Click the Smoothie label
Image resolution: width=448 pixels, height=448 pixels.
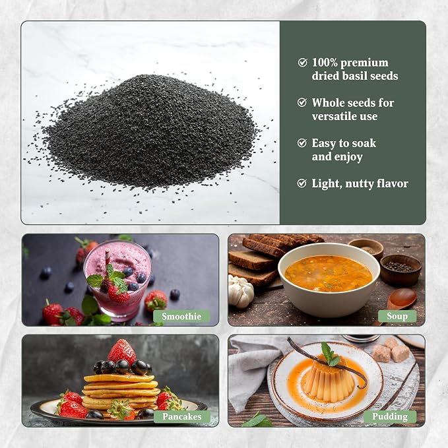tap(181, 316)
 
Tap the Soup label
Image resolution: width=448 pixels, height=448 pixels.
tap(397, 316)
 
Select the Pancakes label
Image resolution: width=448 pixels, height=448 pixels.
tap(182, 416)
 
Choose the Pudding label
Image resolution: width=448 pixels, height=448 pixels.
tap(390, 416)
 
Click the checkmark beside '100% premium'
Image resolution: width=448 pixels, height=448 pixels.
tap(302, 62)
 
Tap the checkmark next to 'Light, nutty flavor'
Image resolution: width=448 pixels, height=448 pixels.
tap(302, 183)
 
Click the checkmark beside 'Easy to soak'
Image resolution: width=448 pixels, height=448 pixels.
tap(302, 143)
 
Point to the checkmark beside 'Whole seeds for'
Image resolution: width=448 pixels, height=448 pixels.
tap(302, 102)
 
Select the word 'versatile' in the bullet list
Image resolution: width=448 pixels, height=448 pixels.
tap(333, 116)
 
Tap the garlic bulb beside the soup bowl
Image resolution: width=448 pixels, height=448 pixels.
tap(241, 292)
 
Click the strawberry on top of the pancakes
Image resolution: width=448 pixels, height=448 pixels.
tap(122, 352)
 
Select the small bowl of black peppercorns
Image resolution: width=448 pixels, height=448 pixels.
tap(400, 270)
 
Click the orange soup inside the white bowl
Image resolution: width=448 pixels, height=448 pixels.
tap(329, 273)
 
